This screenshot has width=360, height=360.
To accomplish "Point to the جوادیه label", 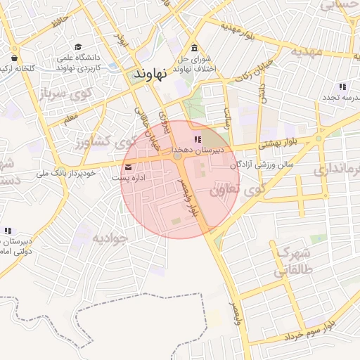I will point(110,238).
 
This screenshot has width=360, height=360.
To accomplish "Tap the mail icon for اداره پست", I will point(128,167).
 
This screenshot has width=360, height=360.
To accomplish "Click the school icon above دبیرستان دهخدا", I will point(198,139).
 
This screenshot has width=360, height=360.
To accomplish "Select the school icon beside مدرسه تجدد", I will point(342,86).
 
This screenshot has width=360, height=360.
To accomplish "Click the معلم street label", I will point(71,121).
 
